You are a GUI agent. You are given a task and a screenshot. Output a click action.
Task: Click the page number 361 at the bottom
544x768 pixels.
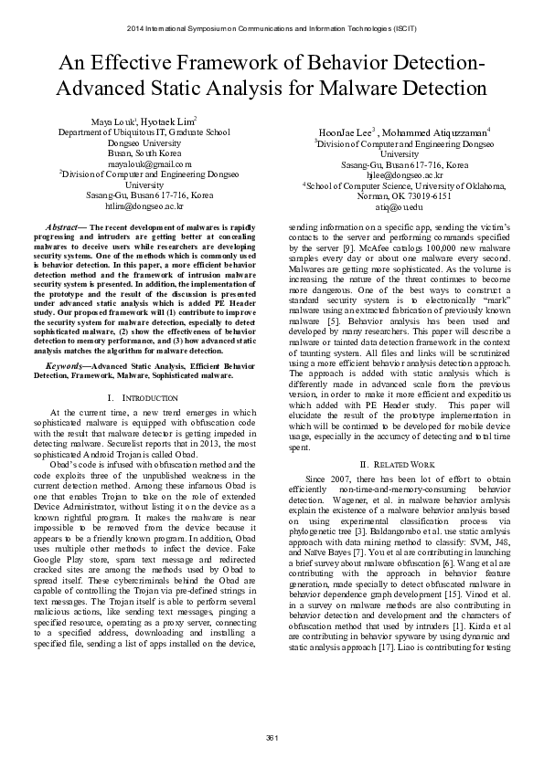click(x=272, y=737)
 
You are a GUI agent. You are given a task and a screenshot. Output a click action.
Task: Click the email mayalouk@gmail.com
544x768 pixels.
click(x=137, y=164)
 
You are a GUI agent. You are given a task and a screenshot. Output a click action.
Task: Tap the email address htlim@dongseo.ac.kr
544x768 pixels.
click(x=137, y=206)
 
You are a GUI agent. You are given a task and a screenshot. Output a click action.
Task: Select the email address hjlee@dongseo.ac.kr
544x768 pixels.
click(x=392, y=174)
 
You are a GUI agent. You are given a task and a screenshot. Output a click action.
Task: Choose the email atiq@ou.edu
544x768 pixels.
click(x=392, y=206)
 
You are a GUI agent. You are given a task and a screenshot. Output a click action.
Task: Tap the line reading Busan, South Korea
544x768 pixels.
click(x=137, y=153)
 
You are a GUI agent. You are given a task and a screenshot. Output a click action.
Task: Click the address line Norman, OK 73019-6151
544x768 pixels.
click(x=392, y=195)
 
